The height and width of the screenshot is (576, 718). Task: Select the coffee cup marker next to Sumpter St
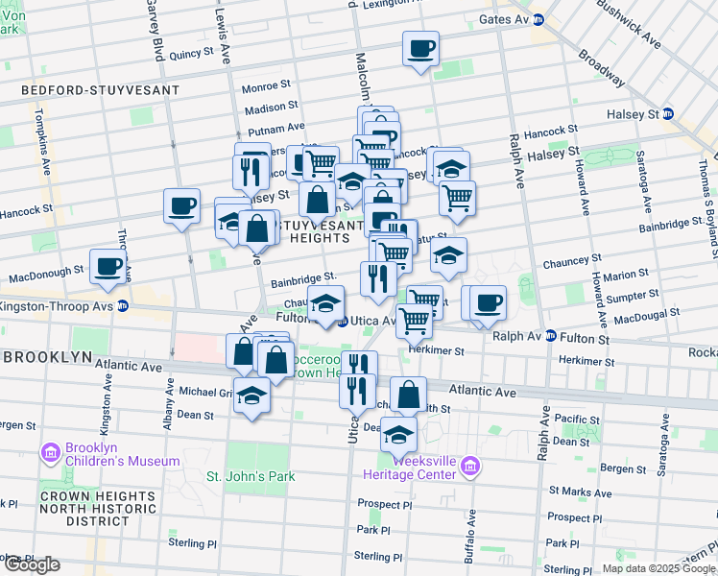(x=489, y=302)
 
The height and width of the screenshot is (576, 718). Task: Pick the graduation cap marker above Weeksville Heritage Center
(x=398, y=434)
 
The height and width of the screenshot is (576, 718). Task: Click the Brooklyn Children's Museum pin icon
(x=50, y=450)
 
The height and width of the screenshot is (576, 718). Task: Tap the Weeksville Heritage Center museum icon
(x=469, y=467)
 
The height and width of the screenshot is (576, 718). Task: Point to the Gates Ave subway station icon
(x=538, y=19)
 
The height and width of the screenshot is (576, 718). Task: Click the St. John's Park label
(x=248, y=475)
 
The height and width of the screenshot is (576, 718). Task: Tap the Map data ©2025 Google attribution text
(x=658, y=568)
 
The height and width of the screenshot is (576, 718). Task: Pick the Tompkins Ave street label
(x=45, y=155)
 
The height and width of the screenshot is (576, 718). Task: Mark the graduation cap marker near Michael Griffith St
(x=251, y=396)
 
